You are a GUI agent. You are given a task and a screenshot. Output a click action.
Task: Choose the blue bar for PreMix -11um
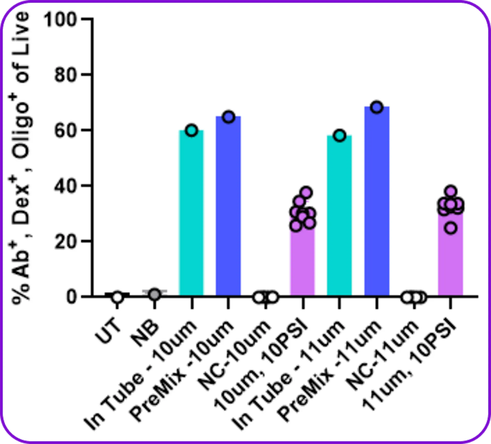point(377,201)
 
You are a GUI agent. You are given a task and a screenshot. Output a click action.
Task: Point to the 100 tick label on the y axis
point(60,20)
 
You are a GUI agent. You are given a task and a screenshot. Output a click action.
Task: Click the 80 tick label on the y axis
point(65,75)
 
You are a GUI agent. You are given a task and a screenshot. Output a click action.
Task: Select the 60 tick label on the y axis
point(65,131)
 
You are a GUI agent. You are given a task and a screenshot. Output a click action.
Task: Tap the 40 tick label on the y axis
point(65,186)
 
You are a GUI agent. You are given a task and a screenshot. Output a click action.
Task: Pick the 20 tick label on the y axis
point(65,242)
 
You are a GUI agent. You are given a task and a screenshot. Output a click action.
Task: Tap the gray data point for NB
point(154,295)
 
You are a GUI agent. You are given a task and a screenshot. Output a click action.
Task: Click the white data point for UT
point(117,297)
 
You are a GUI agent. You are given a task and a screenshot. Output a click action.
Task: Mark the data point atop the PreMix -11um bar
point(377,107)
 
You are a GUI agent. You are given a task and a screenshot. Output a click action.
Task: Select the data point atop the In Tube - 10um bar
point(192,130)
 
